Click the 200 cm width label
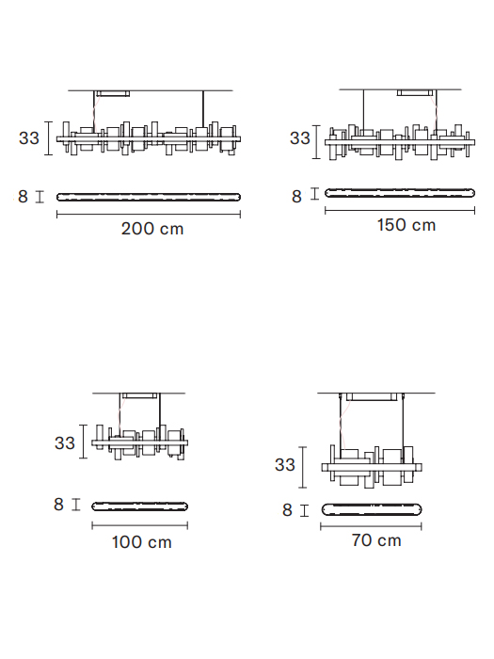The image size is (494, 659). pos(152,229)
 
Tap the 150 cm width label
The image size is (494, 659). pos(406,225)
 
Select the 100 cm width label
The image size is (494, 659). pos(141,542)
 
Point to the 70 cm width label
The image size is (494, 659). pos(376,540)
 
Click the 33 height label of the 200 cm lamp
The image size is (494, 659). pos(29,137)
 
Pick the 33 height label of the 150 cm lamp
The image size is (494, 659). pos(300,137)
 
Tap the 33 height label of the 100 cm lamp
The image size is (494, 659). pos(65,442)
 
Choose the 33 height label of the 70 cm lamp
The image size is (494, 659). pos(285,465)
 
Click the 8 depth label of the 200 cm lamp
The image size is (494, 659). pos(23,196)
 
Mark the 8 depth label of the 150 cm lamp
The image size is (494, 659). pos(297,196)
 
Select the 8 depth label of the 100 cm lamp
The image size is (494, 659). pos(58,505)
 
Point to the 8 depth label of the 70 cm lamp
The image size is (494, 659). pos(287,510)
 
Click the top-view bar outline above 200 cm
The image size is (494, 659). pos(149,193)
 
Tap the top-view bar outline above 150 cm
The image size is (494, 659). pos(400,189)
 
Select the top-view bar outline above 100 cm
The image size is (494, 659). pos(140,503)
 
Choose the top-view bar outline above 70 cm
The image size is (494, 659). pos(372,505)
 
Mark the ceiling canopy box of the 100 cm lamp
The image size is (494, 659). pos(140,396)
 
